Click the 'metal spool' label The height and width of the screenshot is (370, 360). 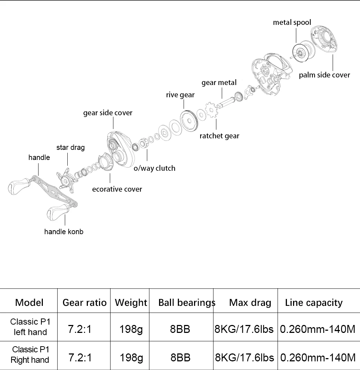(x=292, y=22)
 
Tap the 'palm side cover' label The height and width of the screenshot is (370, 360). (x=324, y=75)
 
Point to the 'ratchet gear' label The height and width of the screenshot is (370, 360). (x=219, y=136)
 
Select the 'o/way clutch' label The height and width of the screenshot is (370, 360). (x=154, y=168)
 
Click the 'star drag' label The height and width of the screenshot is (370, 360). (x=71, y=147)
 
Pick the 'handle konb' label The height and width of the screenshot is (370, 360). (x=64, y=232)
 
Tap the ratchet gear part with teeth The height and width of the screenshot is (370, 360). (x=211, y=110)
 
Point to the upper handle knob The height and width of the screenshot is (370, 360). (x=19, y=186)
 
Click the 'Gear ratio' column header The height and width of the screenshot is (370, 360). (x=84, y=303)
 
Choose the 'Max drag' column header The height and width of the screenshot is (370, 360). (x=250, y=303)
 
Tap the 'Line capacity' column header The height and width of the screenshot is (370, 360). (x=314, y=303)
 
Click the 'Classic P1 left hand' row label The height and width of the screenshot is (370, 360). (x=30, y=327)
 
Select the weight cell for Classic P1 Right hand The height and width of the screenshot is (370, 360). (x=131, y=358)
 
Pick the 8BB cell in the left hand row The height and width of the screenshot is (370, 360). (x=180, y=329)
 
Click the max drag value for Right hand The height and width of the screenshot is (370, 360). (x=244, y=358)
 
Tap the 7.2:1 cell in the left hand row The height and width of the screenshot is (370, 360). (x=80, y=329)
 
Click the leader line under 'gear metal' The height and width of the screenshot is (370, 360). (x=222, y=93)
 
